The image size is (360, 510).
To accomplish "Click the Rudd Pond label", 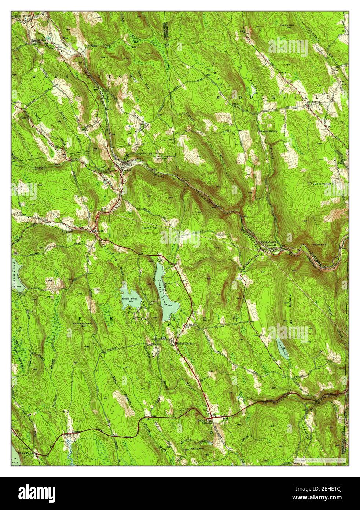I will click(130, 299).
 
